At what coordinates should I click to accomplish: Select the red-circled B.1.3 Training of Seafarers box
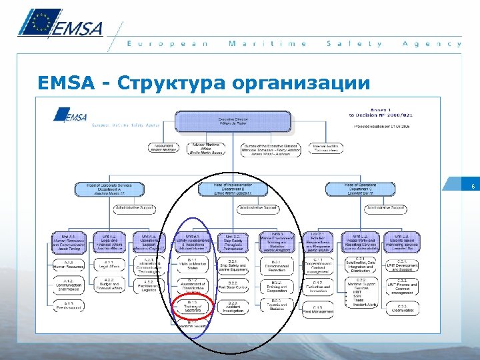(193, 307)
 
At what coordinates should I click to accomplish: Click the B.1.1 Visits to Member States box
(193, 265)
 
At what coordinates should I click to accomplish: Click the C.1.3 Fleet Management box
(317, 309)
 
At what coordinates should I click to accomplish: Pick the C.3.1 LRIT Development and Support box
(401, 265)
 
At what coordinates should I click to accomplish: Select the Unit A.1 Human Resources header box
(69, 241)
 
